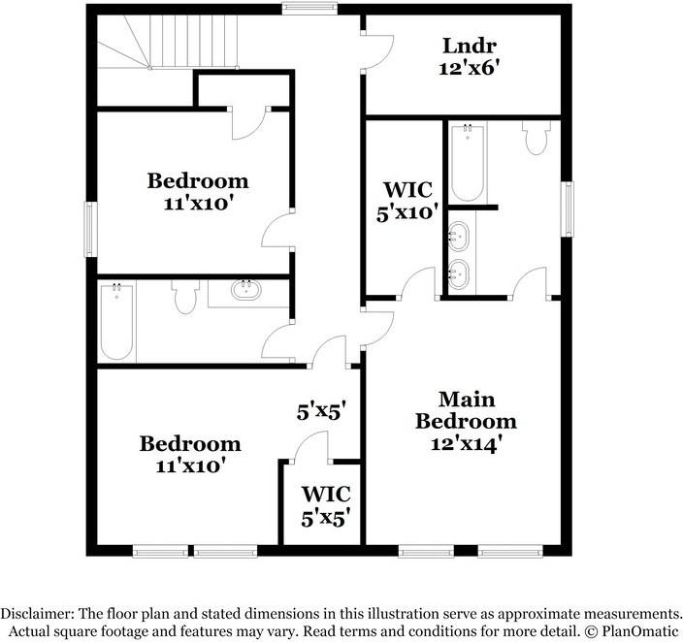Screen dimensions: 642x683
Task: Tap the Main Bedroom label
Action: pos(466,410)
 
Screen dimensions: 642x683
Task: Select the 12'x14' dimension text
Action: pos(466,444)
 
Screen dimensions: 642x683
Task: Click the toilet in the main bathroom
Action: pos(535,138)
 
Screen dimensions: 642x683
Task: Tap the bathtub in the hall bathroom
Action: pos(116,320)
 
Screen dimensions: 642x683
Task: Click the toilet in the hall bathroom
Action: pos(184,297)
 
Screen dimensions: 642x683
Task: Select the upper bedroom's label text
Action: pos(197,180)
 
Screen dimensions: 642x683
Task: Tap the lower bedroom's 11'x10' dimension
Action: pos(190,465)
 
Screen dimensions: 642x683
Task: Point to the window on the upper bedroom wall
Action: pos(89,229)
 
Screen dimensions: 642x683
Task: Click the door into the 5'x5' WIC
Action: pos(310,448)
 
